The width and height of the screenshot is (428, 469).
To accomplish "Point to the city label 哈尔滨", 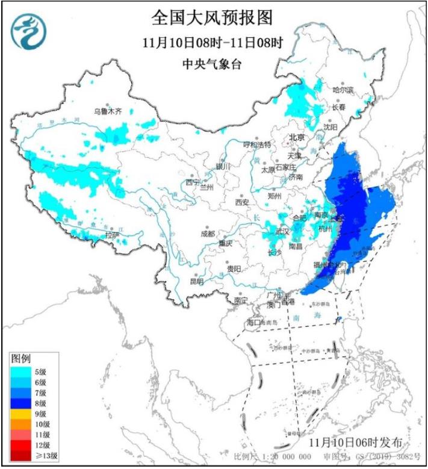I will pyautogui.click(x=343, y=90).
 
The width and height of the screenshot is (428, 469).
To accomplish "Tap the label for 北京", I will pyautogui.click(x=298, y=137).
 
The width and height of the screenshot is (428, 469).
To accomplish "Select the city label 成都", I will pyautogui.click(x=207, y=234).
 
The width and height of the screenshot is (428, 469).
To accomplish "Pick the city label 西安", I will pyautogui.click(x=242, y=203).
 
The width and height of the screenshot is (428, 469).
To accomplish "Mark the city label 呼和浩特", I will pyautogui.click(x=257, y=145).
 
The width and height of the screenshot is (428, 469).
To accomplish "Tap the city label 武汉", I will pyautogui.click(x=282, y=231).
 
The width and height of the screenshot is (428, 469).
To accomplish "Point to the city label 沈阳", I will pyautogui.click(x=330, y=127).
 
